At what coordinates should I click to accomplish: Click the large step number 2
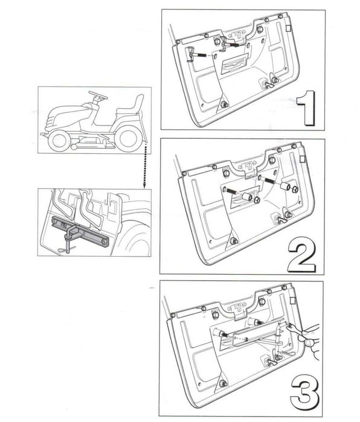301,255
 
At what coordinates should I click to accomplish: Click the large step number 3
304,396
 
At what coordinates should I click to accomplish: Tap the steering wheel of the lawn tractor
97,95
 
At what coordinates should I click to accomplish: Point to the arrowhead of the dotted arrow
144,185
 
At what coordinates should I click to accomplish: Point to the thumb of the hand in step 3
310,342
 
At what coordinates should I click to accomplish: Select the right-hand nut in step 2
295,189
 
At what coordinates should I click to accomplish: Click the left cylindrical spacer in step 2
247,197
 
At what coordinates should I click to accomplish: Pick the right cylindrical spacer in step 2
285,187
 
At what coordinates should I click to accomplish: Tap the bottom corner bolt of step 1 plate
224,104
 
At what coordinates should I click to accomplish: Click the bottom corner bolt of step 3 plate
223,383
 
